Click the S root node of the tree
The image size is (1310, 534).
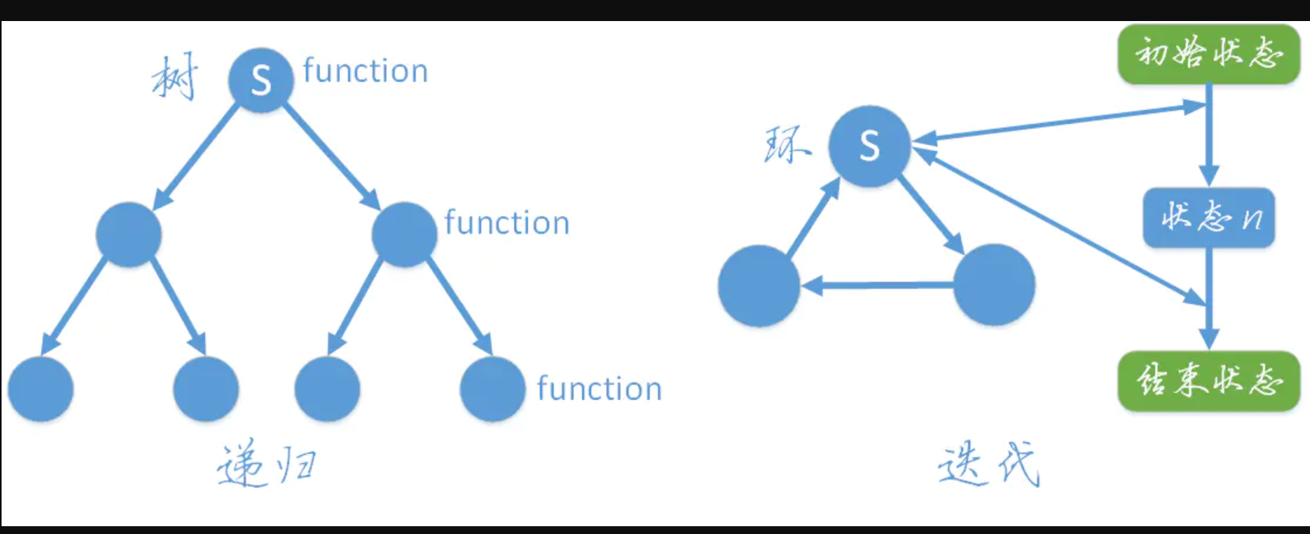click(260, 80)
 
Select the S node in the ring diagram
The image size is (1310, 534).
click(869, 146)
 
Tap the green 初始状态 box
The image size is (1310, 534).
click(1208, 53)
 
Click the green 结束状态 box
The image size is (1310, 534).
click(1208, 380)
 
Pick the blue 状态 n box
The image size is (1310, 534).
click(1209, 217)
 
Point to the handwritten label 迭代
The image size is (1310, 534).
click(989, 464)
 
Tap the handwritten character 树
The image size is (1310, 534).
click(175, 77)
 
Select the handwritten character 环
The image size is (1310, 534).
click(786, 144)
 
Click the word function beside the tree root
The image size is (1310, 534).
click(365, 71)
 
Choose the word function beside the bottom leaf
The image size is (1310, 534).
click(599, 388)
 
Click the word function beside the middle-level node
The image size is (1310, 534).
click(507, 223)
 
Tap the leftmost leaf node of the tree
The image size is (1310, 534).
click(41, 389)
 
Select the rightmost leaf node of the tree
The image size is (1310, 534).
click(492, 389)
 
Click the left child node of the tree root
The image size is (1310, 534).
click(129, 235)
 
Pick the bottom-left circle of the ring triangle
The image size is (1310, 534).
click(759, 285)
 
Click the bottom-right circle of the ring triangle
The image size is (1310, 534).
click(994, 285)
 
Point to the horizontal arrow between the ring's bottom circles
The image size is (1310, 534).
click(877, 285)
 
